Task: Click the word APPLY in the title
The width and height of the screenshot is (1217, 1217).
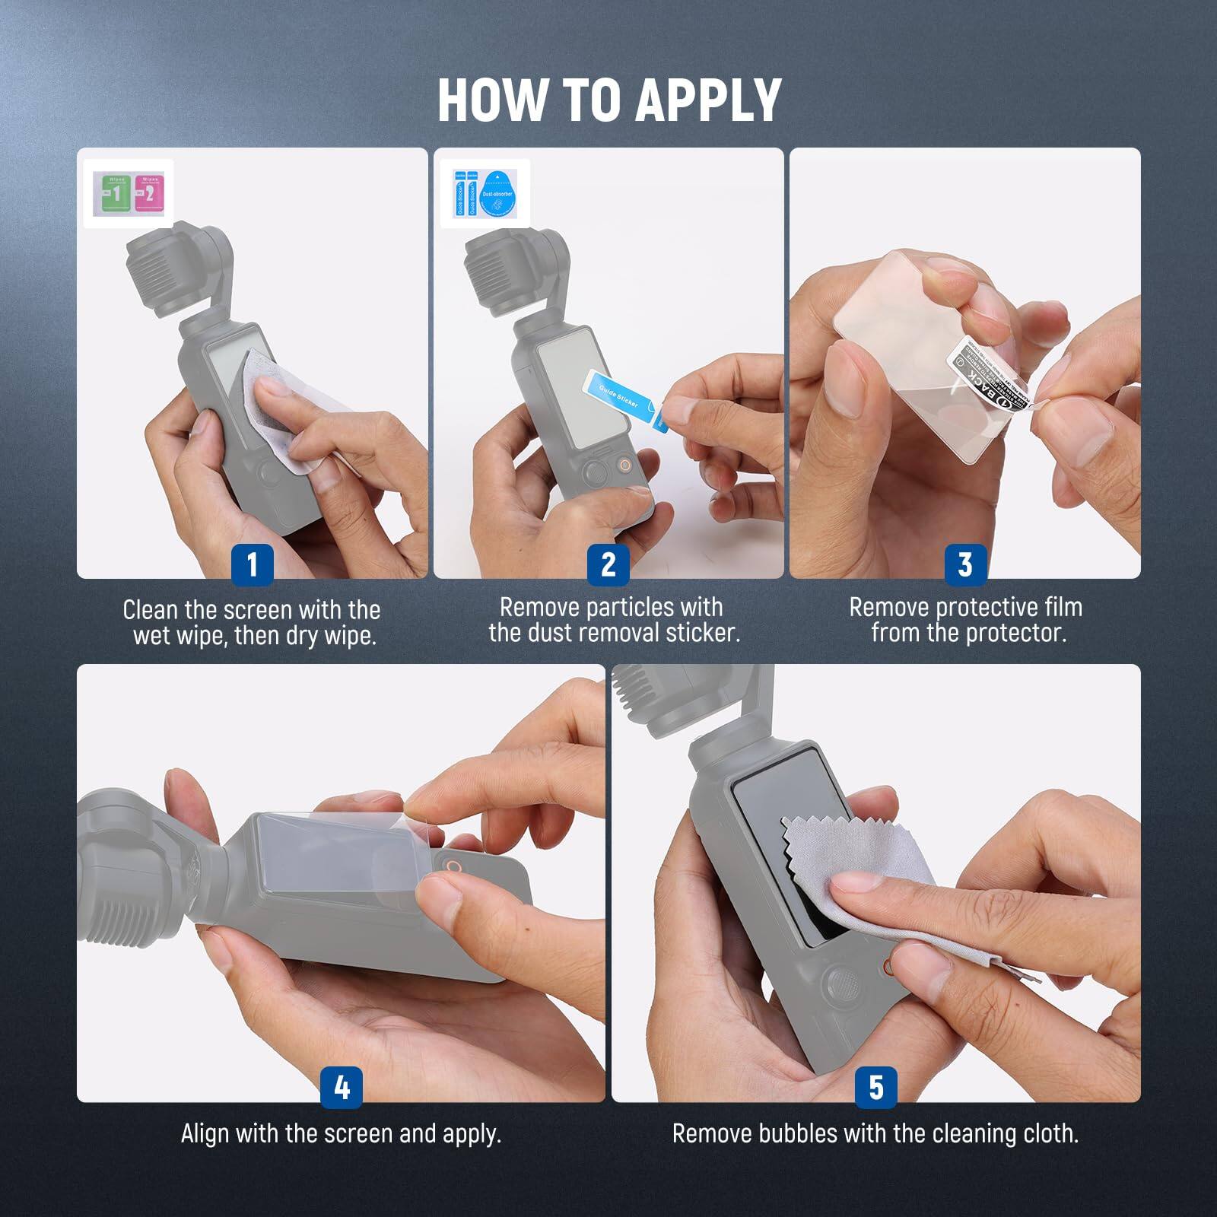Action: [707, 100]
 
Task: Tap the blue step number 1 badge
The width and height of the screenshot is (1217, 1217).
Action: [252, 564]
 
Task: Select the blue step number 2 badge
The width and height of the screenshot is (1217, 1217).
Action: [608, 564]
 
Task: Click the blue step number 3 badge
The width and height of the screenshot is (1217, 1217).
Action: [965, 564]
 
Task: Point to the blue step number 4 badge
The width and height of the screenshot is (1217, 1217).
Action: [342, 1087]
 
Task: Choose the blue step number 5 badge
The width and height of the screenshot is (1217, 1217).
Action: [876, 1087]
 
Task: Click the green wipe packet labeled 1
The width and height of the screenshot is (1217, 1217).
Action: [113, 193]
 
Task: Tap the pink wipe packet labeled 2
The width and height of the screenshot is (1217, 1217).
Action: [148, 193]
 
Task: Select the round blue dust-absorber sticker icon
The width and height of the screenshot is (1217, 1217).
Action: [497, 194]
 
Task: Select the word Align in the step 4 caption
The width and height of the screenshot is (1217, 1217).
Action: [205, 1133]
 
